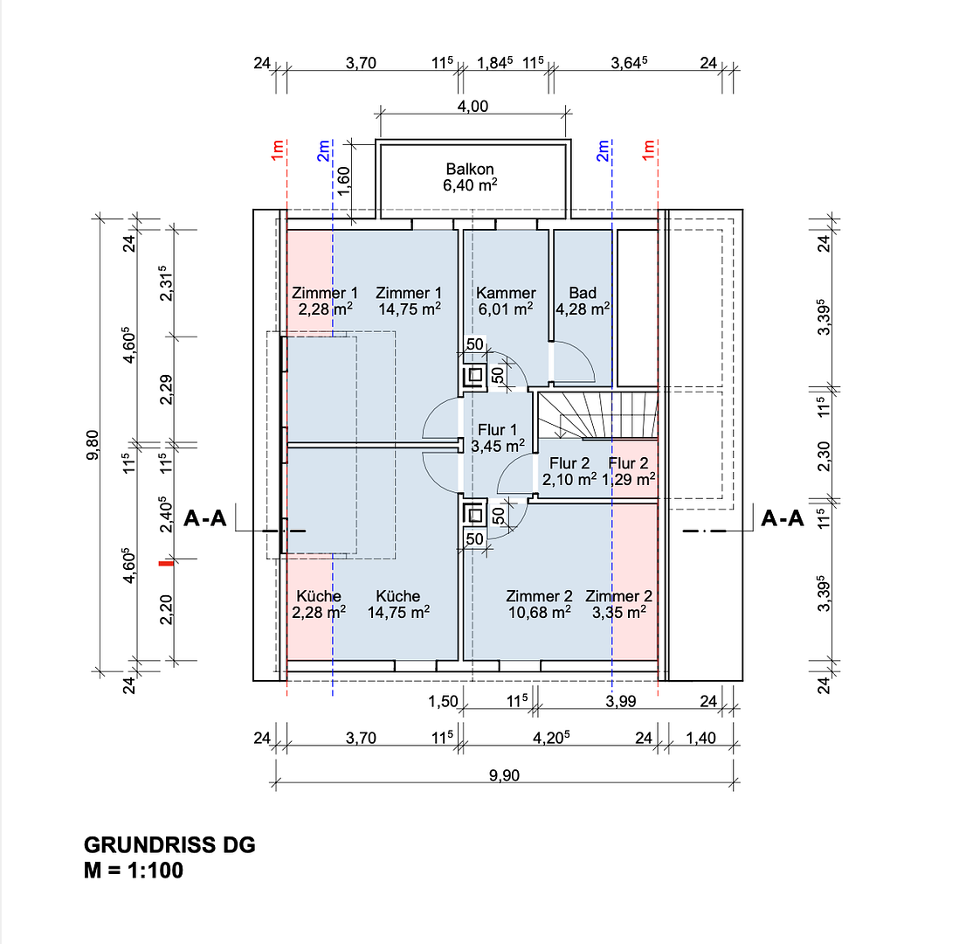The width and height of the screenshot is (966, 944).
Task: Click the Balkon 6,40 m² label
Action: [x=470, y=177]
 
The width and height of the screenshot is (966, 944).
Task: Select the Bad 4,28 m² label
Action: [x=583, y=301]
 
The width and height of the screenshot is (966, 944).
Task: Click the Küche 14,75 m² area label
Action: [x=398, y=604]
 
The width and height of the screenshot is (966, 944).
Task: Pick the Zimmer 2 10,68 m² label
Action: [x=539, y=604]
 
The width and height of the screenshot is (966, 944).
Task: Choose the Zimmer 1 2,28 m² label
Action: [x=325, y=301]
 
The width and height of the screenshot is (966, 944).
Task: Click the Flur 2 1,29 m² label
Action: [x=628, y=471]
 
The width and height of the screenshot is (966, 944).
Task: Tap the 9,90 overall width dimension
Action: [x=505, y=775]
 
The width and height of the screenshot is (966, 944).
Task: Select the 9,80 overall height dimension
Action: [x=93, y=445]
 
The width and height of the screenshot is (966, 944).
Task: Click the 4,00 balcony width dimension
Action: [x=473, y=106]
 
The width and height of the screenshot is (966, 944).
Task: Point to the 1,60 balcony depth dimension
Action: [x=344, y=180]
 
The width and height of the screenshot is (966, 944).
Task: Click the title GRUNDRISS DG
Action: [x=169, y=844]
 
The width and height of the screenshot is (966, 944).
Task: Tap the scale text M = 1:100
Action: [x=134, y=870]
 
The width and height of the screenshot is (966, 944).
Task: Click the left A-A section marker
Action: [x=205, y=518]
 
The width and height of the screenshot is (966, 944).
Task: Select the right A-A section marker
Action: [x=783, y=518]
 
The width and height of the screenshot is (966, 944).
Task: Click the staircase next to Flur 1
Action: [x=597, y=415]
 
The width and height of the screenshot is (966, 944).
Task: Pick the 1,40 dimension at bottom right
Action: [x=701, y=738]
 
